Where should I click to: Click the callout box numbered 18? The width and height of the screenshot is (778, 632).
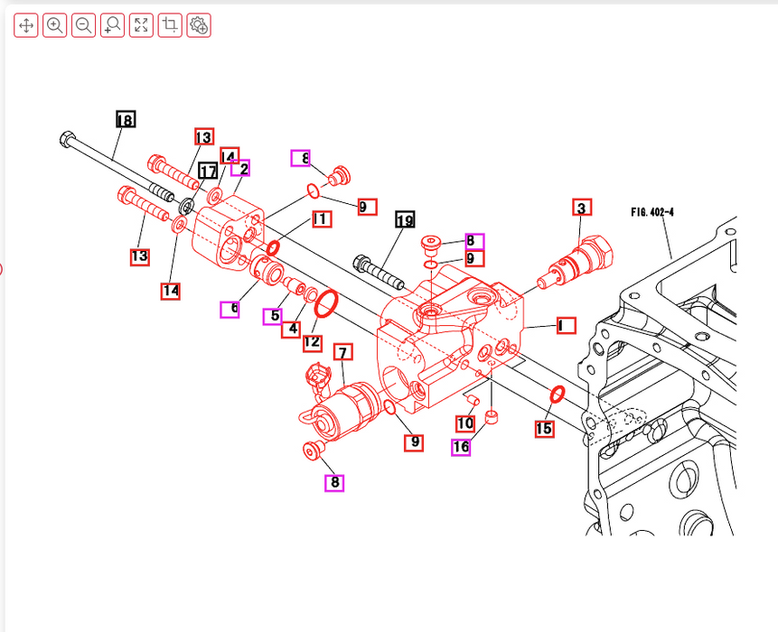[x=126, y=120]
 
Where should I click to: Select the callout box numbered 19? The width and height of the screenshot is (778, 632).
[x=405, y=220]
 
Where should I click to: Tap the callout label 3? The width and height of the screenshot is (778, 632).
[x=582, y=209]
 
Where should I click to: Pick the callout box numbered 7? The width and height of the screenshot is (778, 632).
[x=342, y=352]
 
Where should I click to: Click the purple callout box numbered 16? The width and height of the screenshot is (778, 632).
[x=461, y=446]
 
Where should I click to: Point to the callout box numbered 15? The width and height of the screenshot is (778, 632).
[x=544, y=429]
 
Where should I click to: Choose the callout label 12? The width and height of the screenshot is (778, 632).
[x=312, y=341]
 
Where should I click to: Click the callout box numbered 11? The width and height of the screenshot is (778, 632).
[x=321, y=218]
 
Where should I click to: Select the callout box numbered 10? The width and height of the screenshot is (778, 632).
[x=465, y=423]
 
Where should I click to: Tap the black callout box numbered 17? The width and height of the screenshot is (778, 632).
[x=208, y=172]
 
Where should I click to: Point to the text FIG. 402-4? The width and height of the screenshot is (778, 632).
[x=652, y=213]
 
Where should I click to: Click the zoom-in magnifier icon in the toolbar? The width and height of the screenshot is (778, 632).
[x=55, y=25]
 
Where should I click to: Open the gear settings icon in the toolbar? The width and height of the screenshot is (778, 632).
[x=199, y=25]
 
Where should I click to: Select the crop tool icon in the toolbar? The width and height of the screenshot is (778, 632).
[x=170, y=25]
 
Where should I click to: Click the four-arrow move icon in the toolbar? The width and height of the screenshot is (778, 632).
[x=26, y=25]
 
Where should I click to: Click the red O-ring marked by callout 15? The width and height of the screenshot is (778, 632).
[x=558, y=395]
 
